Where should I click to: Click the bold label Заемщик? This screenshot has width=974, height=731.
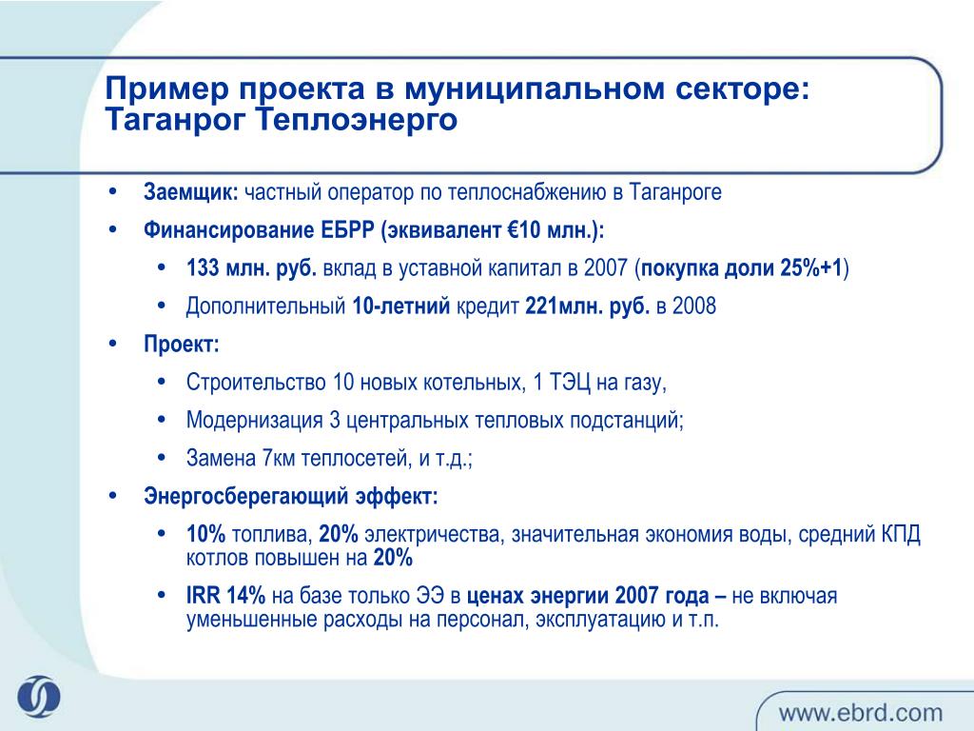point(190,192)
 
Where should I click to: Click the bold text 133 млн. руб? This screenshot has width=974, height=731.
point(251,267)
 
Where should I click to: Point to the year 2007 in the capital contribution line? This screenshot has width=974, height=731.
point(606,267)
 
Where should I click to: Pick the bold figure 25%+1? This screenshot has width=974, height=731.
point(810,267)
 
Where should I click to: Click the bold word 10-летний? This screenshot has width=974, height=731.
point(400,306)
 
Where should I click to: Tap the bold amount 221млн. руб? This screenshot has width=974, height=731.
point(587,306)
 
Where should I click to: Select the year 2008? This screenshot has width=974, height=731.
point(694,306)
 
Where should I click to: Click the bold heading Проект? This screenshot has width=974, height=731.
point(182,344)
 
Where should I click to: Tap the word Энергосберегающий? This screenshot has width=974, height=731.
point(246,496)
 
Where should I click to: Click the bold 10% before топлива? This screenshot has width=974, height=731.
point(205,534)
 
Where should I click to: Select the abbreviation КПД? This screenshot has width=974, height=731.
point(901,534)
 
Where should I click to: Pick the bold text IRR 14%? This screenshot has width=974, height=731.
point(225,596)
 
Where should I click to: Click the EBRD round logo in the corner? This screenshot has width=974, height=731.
point(38,696)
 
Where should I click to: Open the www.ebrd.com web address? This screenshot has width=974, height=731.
point(860,712)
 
